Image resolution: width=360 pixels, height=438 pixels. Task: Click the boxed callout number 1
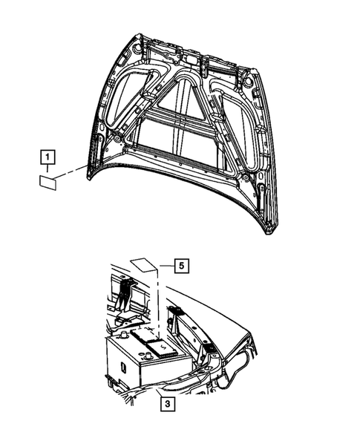(47, 157)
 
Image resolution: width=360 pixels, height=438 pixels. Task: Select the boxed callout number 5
(182, 264)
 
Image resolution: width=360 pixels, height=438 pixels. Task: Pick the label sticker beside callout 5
(142, 265)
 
